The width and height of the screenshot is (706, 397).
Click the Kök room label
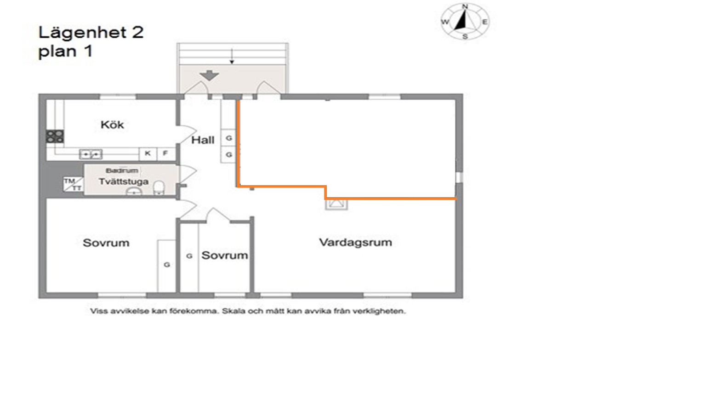(x=112, y=125)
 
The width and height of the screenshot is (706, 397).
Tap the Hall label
(x=203, y=140)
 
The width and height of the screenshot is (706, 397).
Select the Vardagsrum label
(x=355, y=242)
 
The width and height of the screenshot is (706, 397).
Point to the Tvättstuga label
(x=124, y=181)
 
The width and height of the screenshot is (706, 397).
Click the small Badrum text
(x=122, y=171)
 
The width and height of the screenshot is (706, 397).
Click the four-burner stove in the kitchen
(x=55, y=137)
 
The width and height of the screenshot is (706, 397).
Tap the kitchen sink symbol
(x=91, y=154)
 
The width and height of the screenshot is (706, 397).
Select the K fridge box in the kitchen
(x=148, y=154)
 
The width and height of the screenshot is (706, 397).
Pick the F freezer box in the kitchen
(x=165, y=154)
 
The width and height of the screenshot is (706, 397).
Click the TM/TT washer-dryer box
(x=73, y=184)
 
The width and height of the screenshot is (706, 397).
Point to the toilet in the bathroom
(x=159, y=188)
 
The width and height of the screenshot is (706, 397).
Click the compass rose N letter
(x=465, y=6)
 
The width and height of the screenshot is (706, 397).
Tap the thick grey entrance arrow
(x=209, y=75)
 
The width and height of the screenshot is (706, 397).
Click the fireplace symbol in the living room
(x=336, y=204)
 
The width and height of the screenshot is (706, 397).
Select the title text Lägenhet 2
(x=91, y=33)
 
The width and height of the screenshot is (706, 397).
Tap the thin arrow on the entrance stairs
(x=232, y=56)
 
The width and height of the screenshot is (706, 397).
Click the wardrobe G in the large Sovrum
(x=167, y=265)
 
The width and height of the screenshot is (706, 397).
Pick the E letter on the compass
(x=485, y=22)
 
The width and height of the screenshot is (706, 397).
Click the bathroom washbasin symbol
(x=134, y=192)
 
